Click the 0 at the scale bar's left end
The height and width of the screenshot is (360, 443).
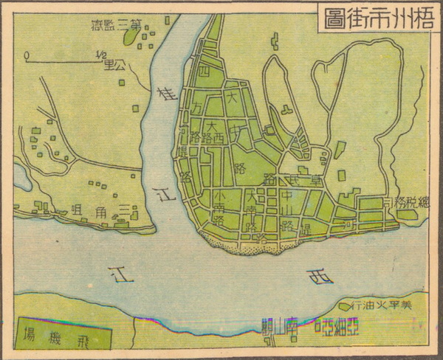(27, 55)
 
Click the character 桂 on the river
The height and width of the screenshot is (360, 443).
(162, 95)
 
